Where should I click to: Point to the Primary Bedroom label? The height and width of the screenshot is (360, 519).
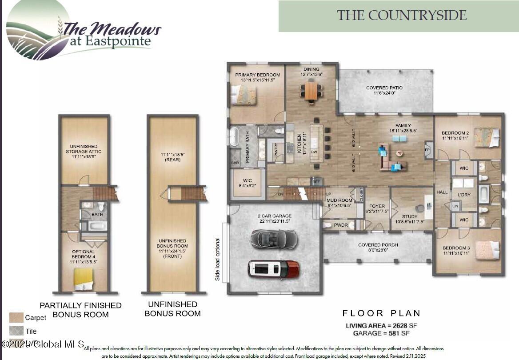pos(258,77)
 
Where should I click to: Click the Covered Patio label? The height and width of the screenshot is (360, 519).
pos(384,90)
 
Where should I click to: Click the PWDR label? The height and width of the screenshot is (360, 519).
pos(341,225)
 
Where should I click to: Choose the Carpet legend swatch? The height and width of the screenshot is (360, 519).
pos(16,317)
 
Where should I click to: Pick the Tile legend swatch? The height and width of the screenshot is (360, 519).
pos(16,331)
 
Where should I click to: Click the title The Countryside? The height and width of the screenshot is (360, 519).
pos(402,16)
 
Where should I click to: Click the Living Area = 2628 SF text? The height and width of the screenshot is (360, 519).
pos(381,326)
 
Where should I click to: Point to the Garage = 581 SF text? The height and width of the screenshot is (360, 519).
pos(381,333)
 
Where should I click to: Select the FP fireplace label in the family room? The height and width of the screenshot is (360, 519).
pos(428,149)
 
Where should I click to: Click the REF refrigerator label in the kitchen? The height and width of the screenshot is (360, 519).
pos(316,181)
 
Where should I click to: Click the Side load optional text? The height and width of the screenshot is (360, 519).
pos(218,259)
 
